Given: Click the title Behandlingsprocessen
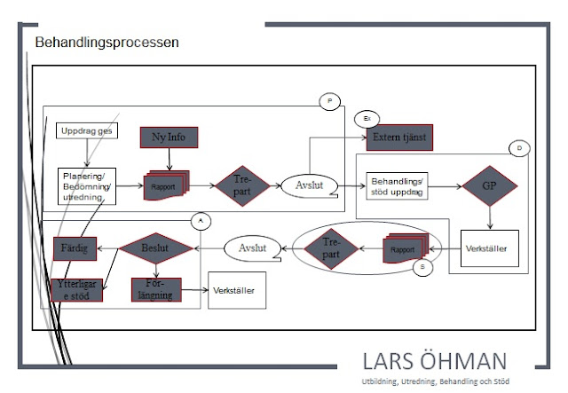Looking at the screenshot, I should tap(106, 43).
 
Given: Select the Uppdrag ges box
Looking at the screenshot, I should tap(83, 131).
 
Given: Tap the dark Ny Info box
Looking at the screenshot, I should tap(169, 138).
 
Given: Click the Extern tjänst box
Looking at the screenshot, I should tap(399, 138).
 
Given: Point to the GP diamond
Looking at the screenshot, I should tap(488, 188).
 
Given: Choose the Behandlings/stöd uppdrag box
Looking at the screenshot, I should tap(397, 185).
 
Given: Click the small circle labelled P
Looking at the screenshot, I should tap(329, 102).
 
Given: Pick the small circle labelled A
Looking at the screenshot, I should tap(201, 219).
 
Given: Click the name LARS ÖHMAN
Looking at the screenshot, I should tap(435, 361).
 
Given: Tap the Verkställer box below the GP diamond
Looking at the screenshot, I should tap(489, 249).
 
